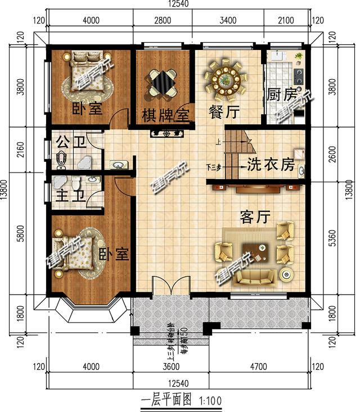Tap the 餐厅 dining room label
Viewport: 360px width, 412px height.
click(224, 112)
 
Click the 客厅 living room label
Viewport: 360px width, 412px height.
click(255, 215)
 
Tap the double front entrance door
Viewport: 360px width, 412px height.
click(171, 287)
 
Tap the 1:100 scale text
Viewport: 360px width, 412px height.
click(209, 401)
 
